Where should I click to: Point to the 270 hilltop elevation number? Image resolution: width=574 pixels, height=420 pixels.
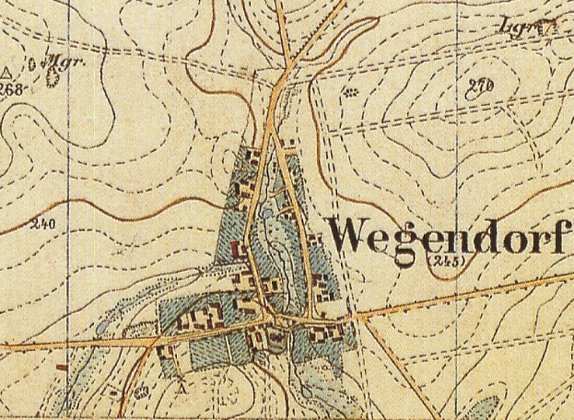click(480, 87)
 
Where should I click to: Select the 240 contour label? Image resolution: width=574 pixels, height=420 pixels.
click(41, 224)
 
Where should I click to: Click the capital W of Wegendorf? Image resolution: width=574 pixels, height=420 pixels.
click(350, 237)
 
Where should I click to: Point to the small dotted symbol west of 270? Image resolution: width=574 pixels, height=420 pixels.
click(351, 91)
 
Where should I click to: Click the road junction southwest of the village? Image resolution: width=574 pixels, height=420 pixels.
click(146, 342)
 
